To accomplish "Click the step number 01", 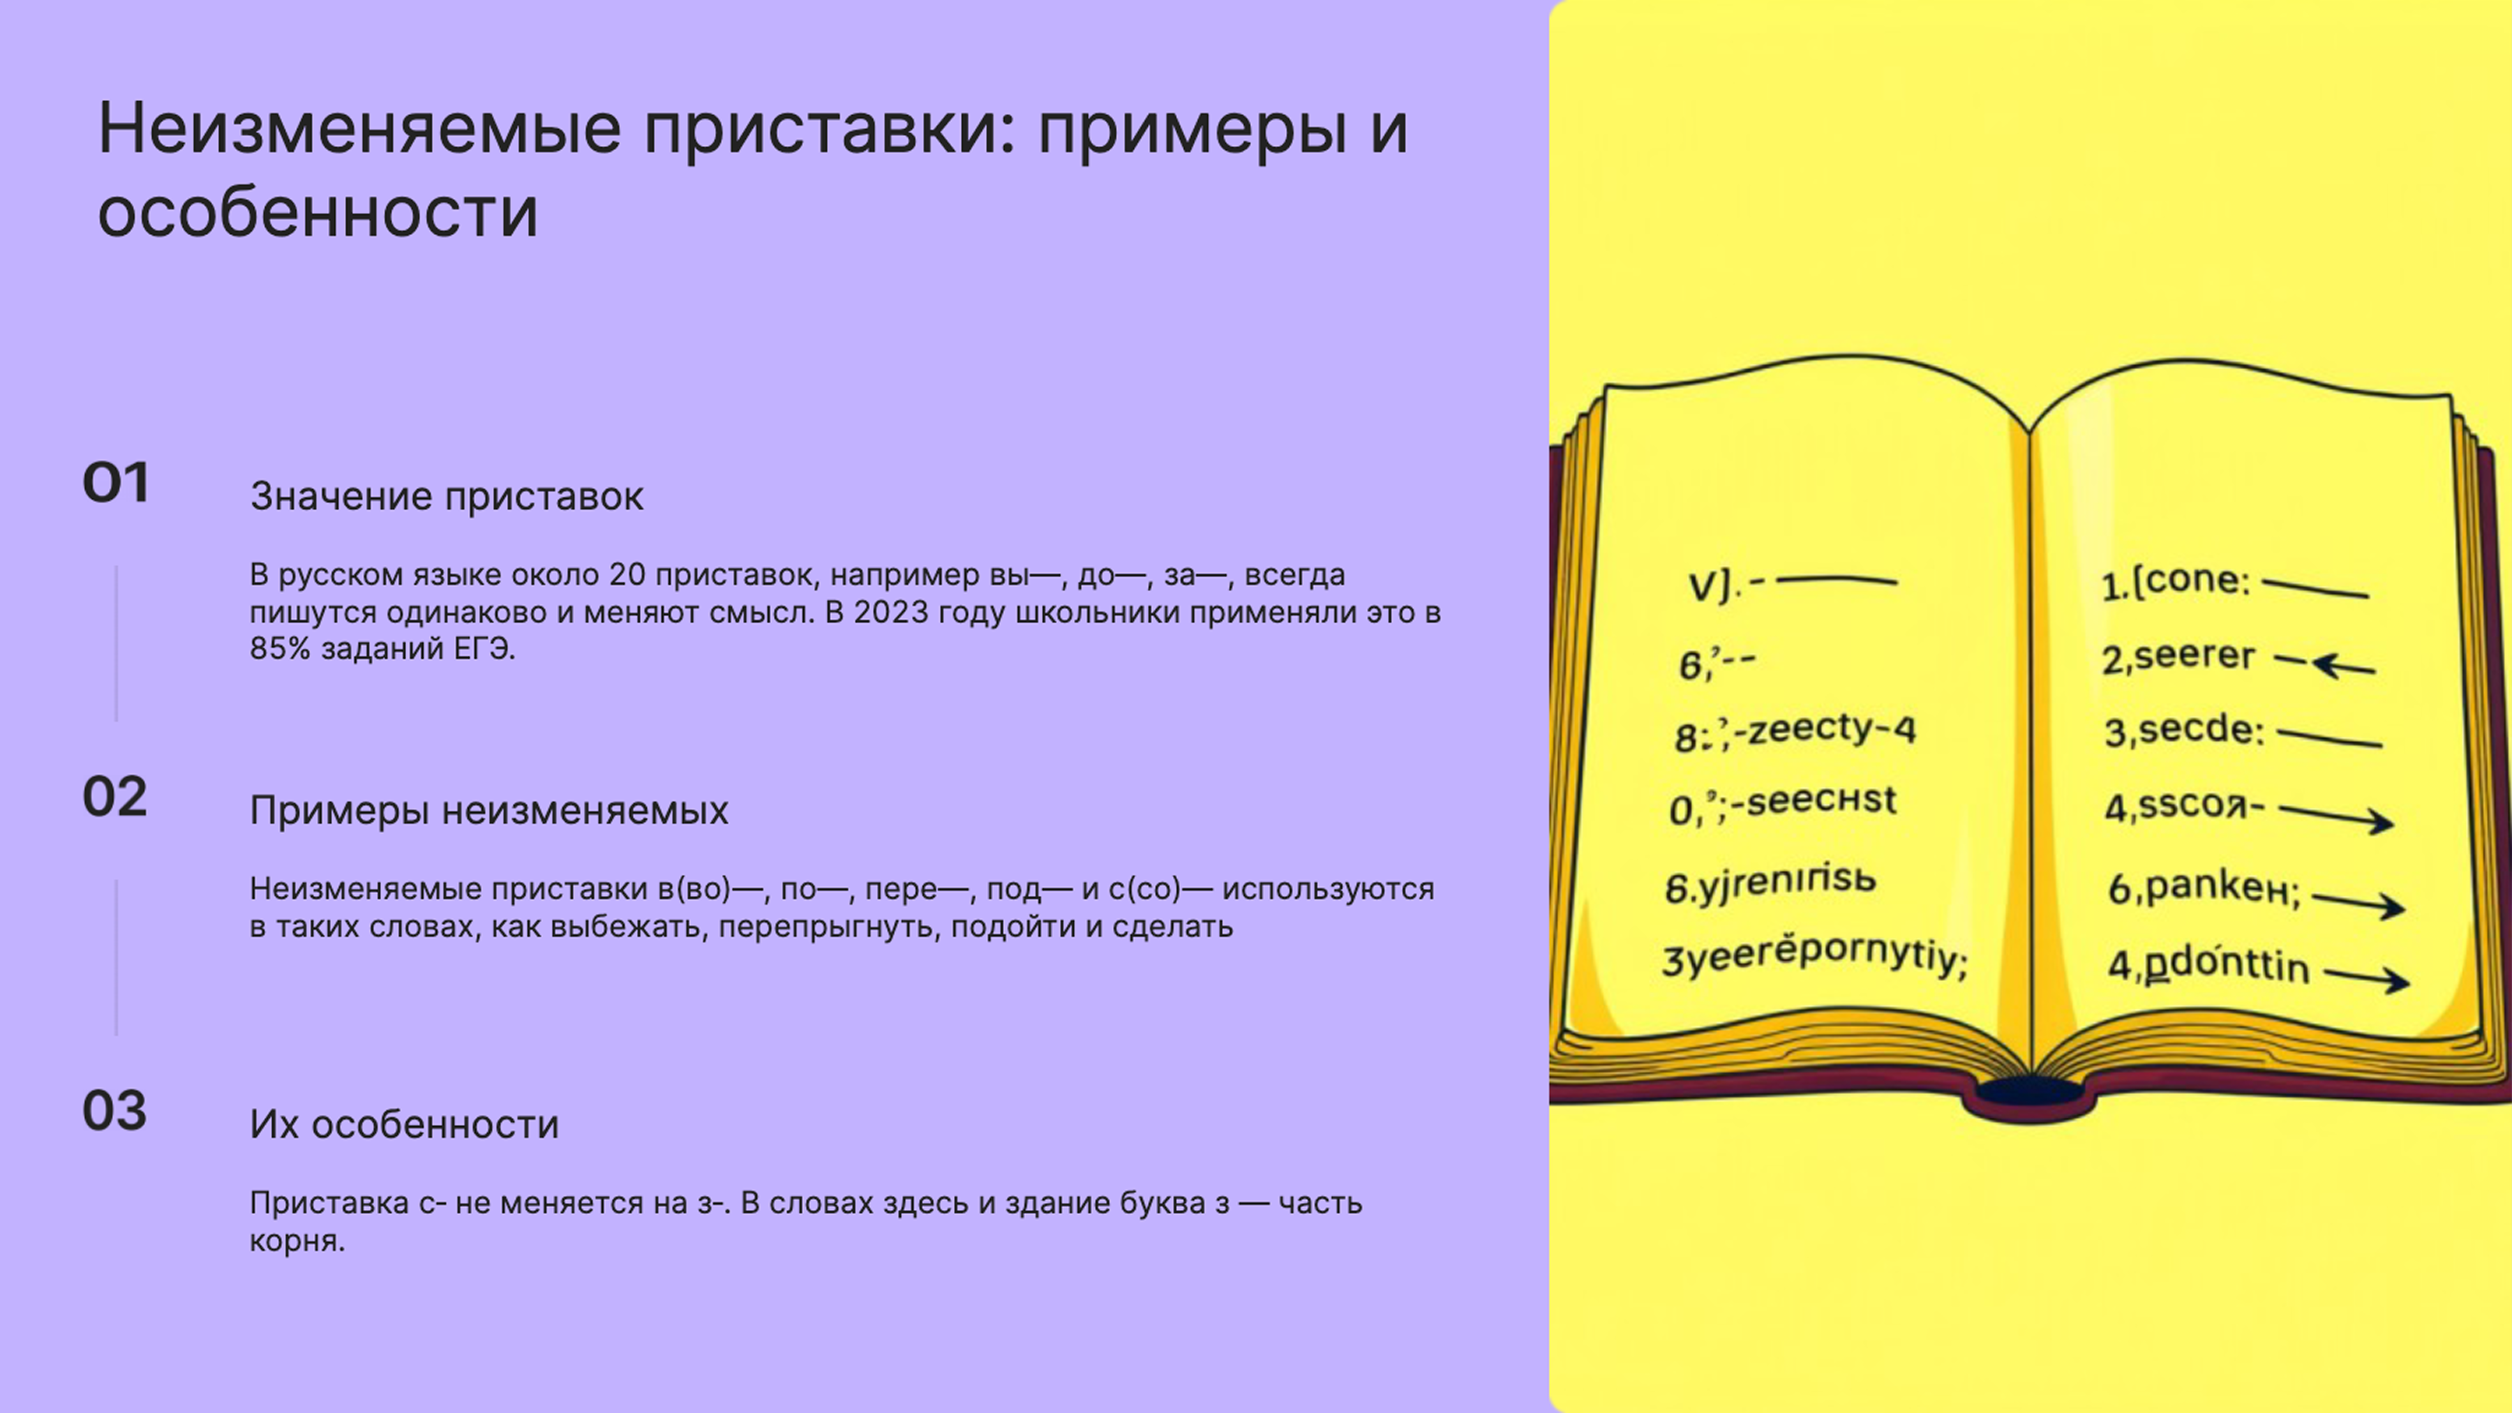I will click(115, 483).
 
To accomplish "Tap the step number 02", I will click(115, 797).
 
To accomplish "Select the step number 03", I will click(115, 1111).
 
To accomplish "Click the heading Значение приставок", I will click(447, 496).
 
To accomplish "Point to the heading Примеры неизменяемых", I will click(488, 810).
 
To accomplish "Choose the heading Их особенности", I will click(404, 1124).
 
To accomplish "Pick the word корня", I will click(297, 1241).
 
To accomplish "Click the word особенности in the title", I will click(318, 213).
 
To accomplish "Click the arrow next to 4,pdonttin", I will click(2367, 976).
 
